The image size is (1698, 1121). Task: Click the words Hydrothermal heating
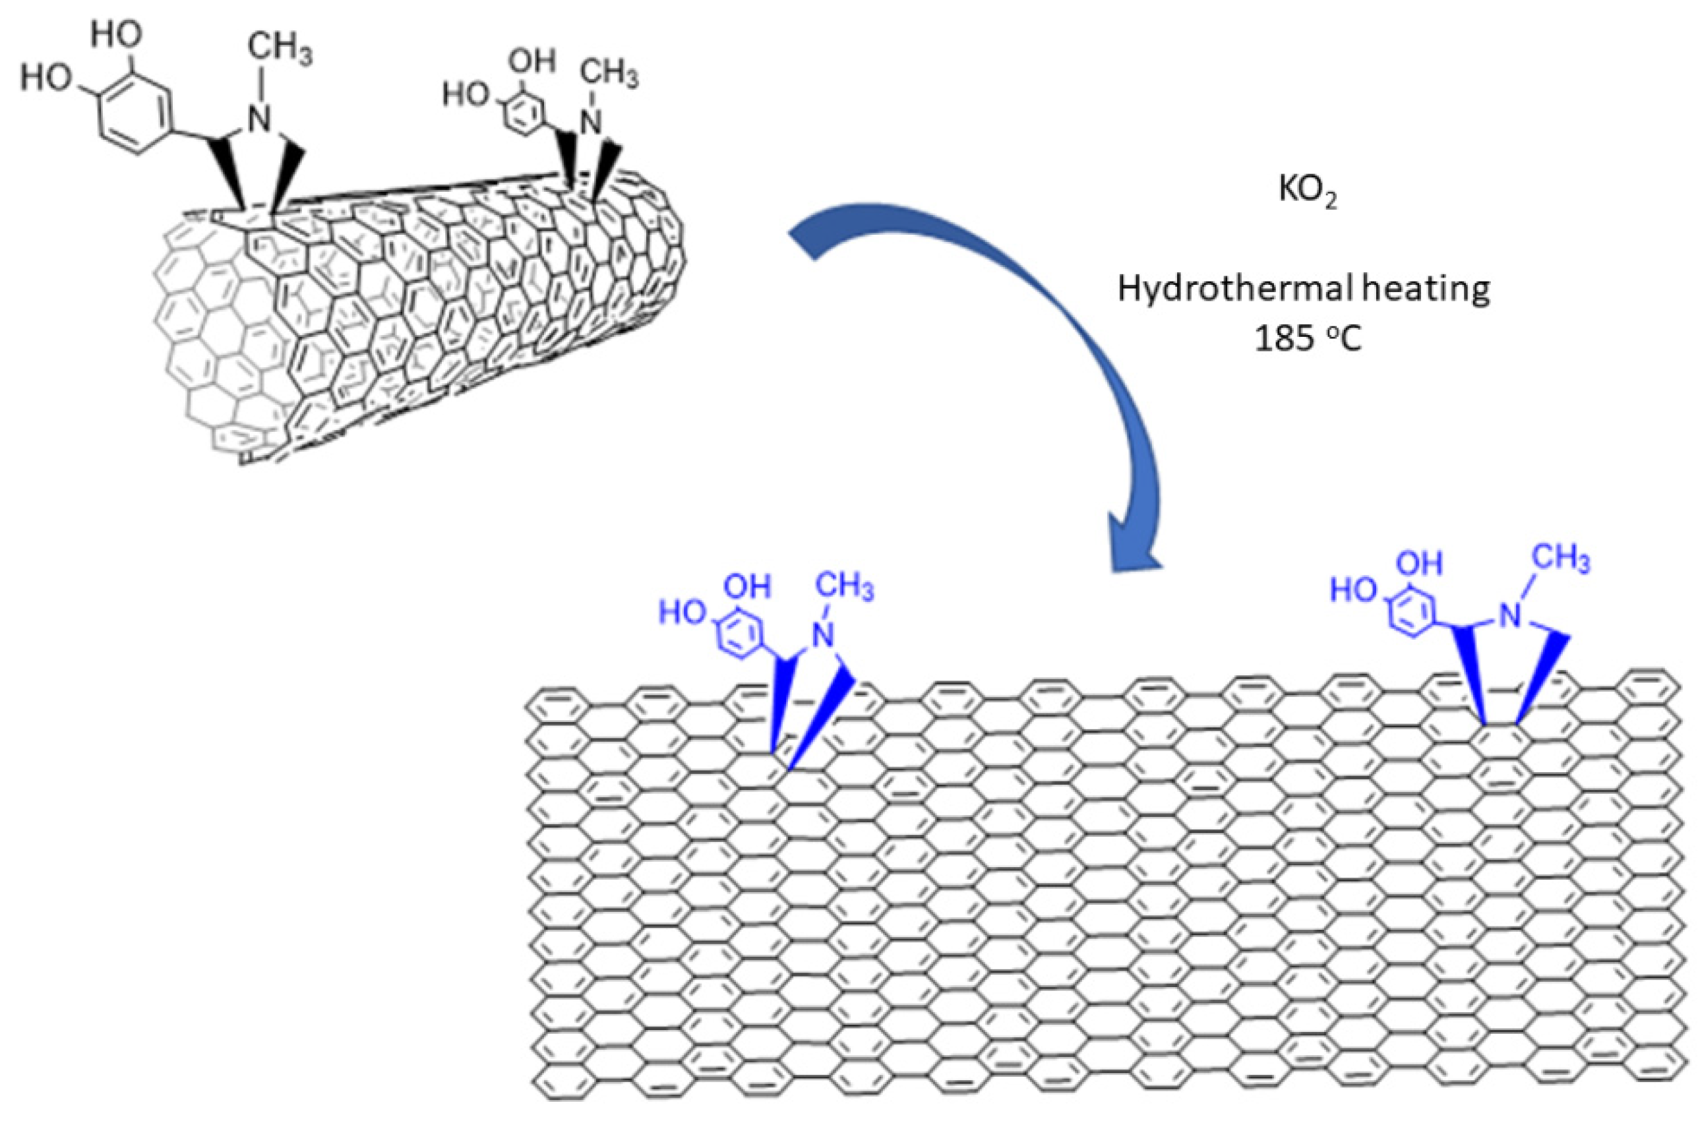pos(1304,289)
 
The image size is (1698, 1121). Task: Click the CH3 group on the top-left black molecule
pos(279,51)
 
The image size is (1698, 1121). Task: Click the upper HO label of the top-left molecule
pos(117,35)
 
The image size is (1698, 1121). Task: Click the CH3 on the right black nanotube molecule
pos(608,74)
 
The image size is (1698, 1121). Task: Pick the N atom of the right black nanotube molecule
pos(591,122)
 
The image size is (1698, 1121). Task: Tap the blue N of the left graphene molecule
pos(826,636)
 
